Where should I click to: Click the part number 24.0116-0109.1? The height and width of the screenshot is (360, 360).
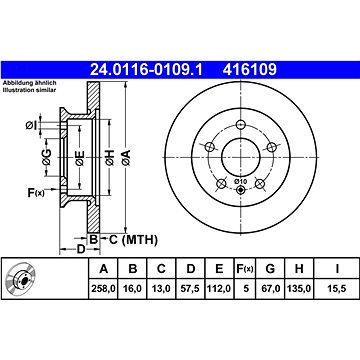pos(147,70)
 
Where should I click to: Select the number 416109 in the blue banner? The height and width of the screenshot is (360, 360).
pos(250,70)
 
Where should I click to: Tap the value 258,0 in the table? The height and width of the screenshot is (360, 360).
pos(104,288)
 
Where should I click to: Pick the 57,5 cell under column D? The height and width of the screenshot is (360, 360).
pos(190,288)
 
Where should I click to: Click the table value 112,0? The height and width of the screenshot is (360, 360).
pos(219,288)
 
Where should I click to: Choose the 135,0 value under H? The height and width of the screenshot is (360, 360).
pos(299,288)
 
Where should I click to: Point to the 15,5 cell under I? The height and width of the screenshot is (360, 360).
pos(337,288)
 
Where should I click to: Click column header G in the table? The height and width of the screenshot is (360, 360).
pos(270,268)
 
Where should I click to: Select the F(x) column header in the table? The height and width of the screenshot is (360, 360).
pos(245,268)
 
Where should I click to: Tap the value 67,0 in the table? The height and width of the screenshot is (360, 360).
pos(270,288)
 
